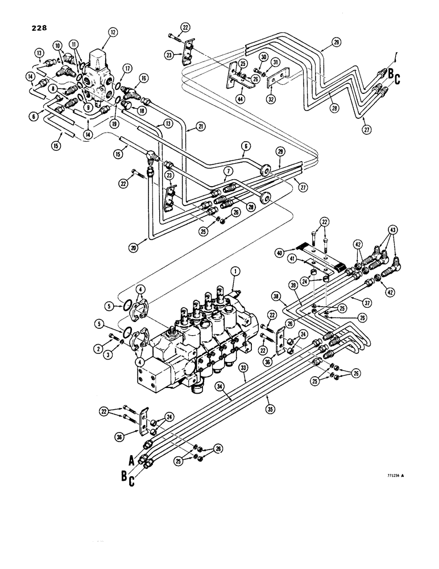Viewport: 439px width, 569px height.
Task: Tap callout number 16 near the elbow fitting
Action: click(143, 78)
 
